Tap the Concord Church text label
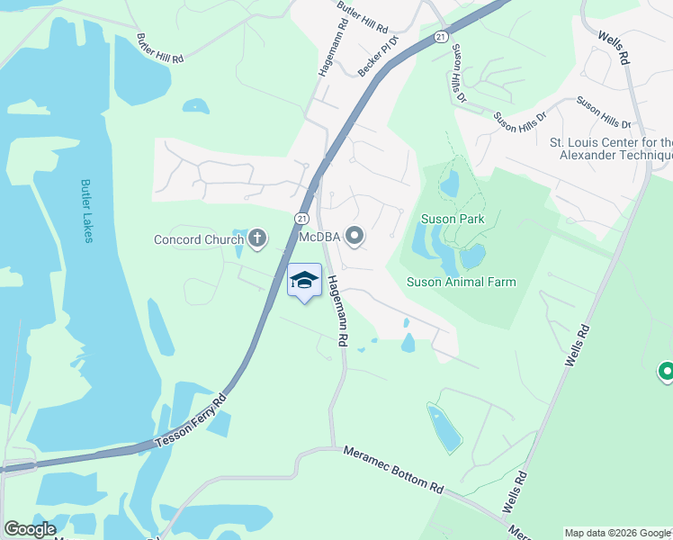tap(199, 239)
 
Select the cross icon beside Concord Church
tap(257, 238)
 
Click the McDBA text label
tap(319, 238)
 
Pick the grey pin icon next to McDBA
tap(354, 237)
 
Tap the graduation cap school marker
tap(304, 281)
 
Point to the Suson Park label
tap(452, 219)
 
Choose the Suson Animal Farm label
tap(462, 282)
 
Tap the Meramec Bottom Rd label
tap(394, 470)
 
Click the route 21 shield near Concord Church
tap(301, 220)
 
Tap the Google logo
tap(30, 529)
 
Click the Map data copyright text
tap(617, 533)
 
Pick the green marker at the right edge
tap(666, 370)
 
